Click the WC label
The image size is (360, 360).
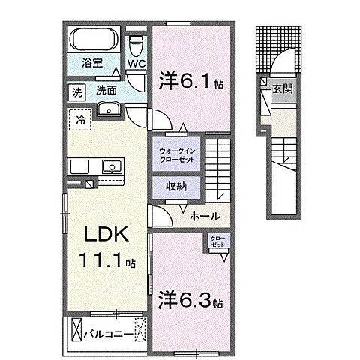[x=136, y=64]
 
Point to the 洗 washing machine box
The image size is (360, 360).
[x=77, y=93]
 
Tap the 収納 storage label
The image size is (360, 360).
[x=177, y=185]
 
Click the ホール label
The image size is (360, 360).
[x=204, y=216]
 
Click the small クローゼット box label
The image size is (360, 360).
[x=217, y=242]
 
